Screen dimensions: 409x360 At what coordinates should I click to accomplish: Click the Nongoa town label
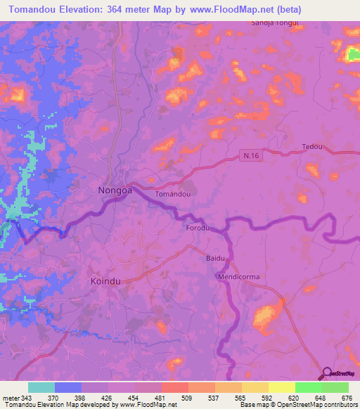pyautogui.click(x=112, y=190)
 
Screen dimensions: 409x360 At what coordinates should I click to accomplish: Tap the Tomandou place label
pyautogui.click(x=172, y=194)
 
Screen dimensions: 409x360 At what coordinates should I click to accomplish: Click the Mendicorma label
pyautogui.click(x=238, y=277)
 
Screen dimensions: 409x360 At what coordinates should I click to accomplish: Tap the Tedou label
pyautogui.click(x=311, y=147)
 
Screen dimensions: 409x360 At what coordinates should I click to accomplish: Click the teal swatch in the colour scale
pyautogui.click(x=41, y=387)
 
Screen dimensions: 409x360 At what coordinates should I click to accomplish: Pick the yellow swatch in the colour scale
pyautogui.click(x=282, y=387)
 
